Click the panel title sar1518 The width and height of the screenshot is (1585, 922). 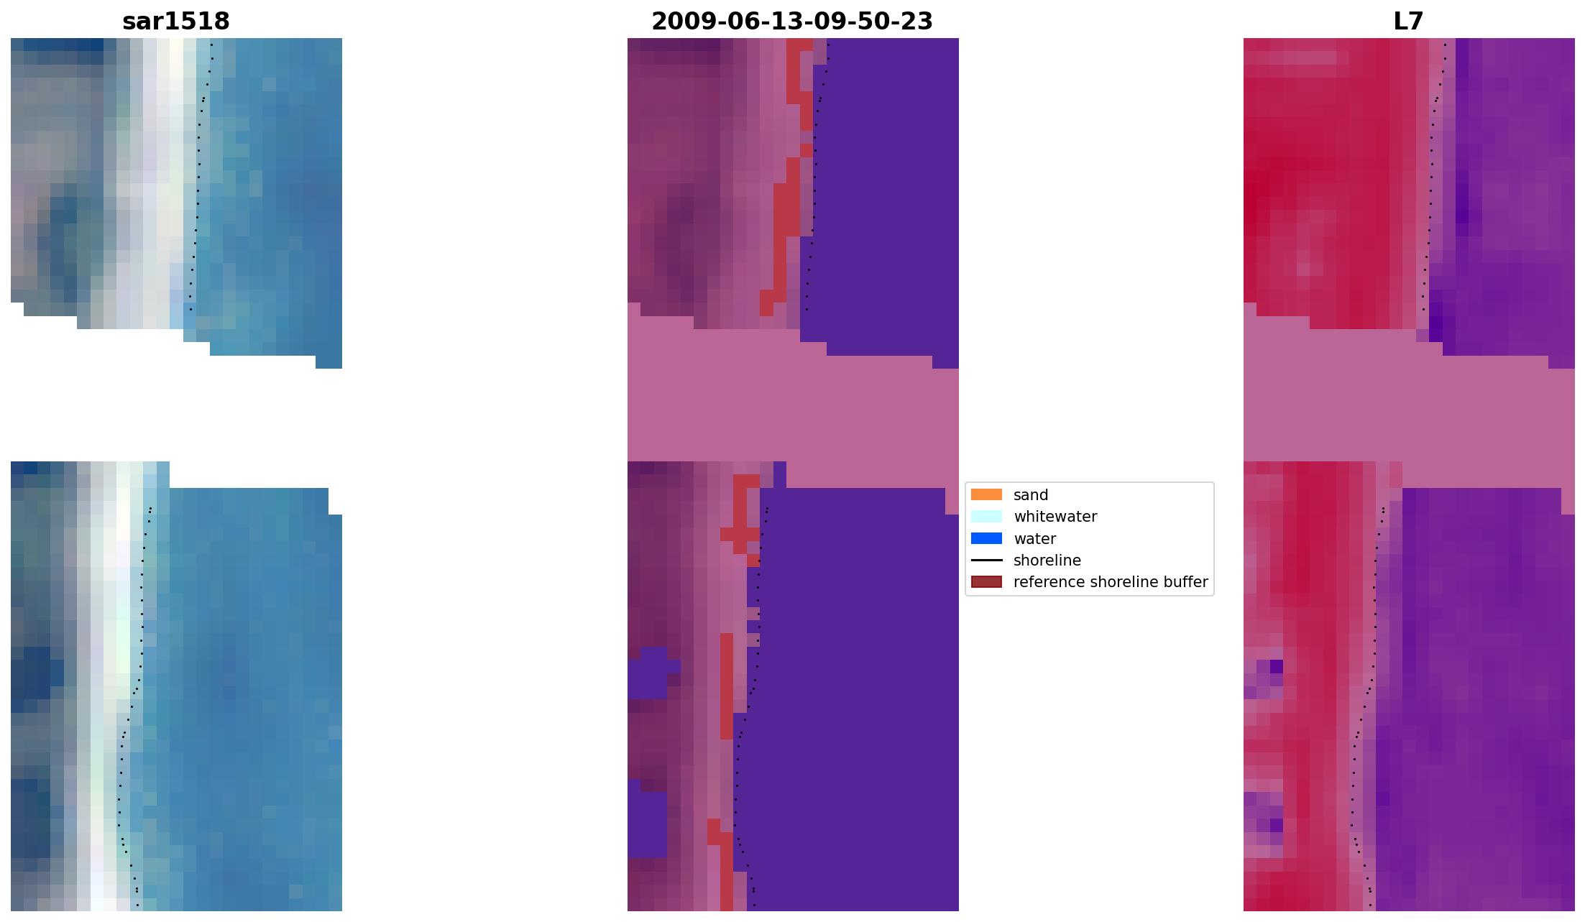(x=176, y=22)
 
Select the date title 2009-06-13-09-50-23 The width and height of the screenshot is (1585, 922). (x=792, y=22)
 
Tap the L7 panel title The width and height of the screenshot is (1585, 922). (x=1408, y=22)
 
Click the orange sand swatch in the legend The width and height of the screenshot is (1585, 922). (x=986, y=494)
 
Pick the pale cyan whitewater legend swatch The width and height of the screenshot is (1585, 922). (x=986, y=516)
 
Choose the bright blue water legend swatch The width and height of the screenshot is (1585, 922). (x=986, y=538)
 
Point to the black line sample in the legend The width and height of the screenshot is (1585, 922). (x=986, y=560)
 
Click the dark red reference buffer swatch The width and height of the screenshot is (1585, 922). (x=986, y=581)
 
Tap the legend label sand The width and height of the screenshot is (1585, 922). (x=1031, y=495)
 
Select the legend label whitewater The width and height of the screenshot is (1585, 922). (x=1055, y=517)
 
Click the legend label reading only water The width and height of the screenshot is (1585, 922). (x=1034, y=539)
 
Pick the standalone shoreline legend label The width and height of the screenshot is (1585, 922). (x=1047, y=561)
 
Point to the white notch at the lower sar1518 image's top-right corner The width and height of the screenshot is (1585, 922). (x=335, y=501)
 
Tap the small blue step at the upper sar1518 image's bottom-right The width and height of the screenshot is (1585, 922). (x=329, y=362)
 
